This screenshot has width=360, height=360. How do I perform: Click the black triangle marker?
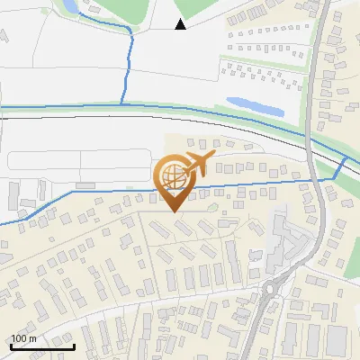(180, 23)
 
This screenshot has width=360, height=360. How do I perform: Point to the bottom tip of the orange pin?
(173, 211)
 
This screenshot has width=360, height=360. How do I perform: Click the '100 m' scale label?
(24, 337)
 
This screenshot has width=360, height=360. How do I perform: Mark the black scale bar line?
(42, 346)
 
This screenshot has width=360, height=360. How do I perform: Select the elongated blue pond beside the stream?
(255, 107)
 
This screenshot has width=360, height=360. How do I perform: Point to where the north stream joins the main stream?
(123, 107)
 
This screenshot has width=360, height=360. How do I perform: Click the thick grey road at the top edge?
(319, 11)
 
